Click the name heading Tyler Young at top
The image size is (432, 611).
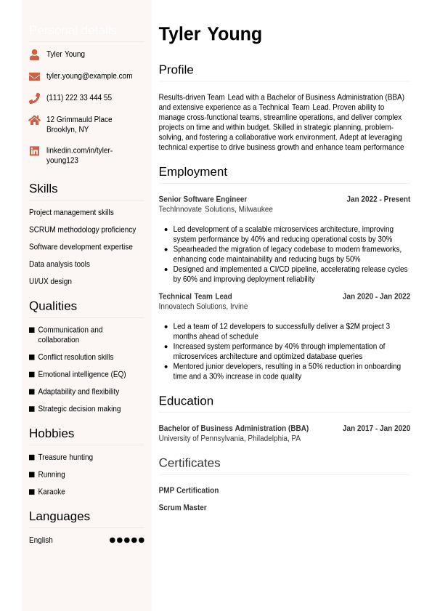click(x=210, y=34)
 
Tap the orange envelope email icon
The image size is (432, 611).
click(x=34, y=76)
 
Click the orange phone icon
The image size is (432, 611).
click(x=34, y=98)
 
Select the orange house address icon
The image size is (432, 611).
click(x=34, y=120)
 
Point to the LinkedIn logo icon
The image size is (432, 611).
click(x=34, y=151)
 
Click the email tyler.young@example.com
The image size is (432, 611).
click(x=89, y=76)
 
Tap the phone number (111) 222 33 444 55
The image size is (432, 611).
click(x=79, y=98)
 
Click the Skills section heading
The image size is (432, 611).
click(x=44, y=189)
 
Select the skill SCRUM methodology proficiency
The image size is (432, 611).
click(x=82, y=230)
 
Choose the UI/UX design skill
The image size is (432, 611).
click(x=50, y=281)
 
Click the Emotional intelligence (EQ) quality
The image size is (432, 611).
click(x=81, y=374)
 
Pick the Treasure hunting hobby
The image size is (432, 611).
click(x=65, y=457)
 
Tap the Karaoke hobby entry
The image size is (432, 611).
click(x=52, y=492)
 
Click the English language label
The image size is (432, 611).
click(x=41, y=541)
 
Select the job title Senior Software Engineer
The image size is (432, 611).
click(x=203, y=199)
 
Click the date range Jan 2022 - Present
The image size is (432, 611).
click(x=378, y=199)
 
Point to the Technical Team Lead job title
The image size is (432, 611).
click(x=195, y=296)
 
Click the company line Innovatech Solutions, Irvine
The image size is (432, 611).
click(x=203, y=307)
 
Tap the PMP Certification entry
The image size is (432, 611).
click(x=189, y=490)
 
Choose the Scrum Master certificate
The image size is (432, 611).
click(x=182, y=508)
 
